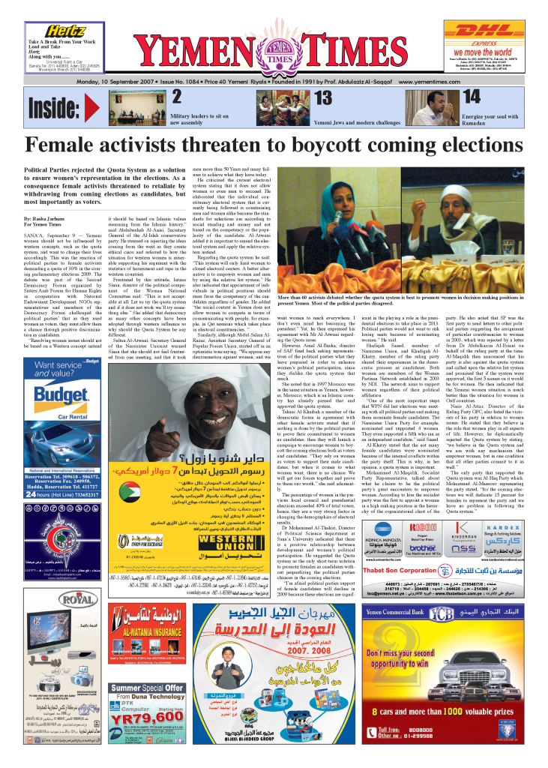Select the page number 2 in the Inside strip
[x=177, y=97]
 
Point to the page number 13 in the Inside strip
[x=323, y=97]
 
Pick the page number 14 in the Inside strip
[x=472, y=97]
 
